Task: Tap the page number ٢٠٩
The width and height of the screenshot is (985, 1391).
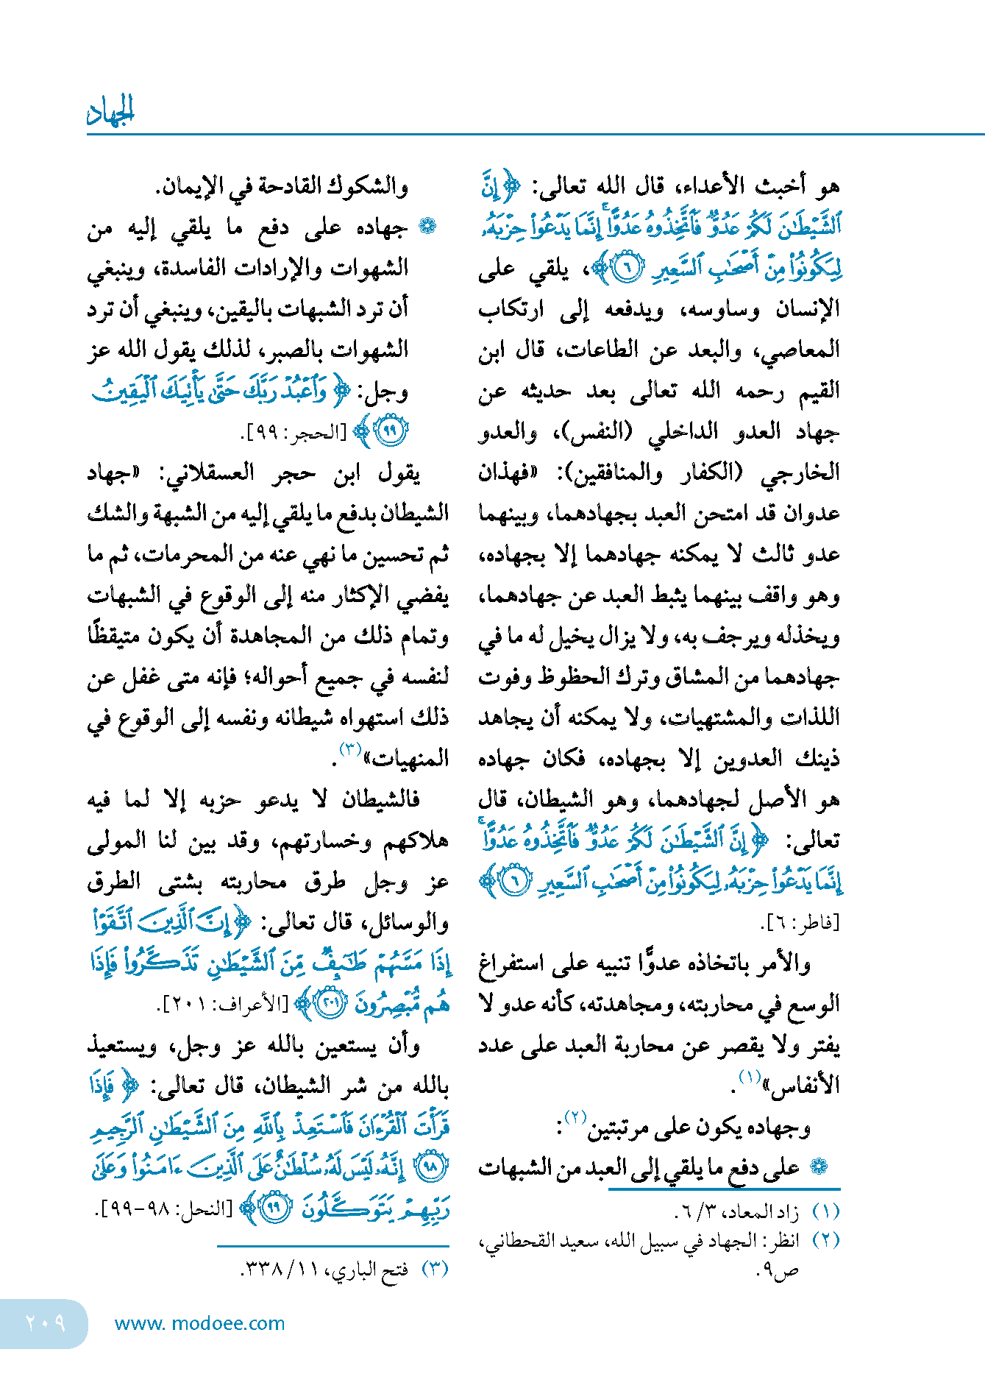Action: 46,1323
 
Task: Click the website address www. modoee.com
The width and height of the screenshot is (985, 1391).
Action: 199,1323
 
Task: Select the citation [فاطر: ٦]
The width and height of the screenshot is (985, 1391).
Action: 799,921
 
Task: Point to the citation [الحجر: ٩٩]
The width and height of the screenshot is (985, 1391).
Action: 295,433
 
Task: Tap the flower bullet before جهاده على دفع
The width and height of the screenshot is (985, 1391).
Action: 427,226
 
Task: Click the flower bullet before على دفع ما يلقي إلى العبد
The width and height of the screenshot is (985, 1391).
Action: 818,1166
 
